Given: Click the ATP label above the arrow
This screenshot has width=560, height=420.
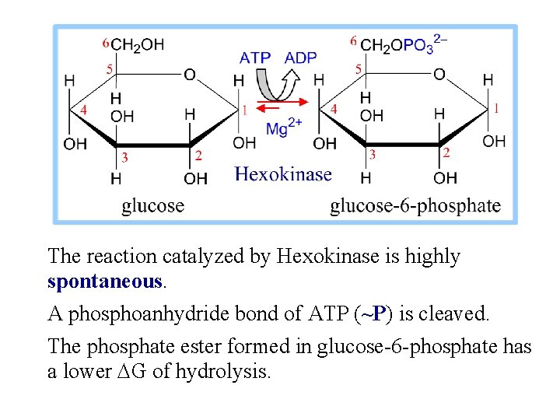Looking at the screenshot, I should click(x=255, y=58).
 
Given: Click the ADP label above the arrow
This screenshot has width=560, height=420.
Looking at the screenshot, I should click(x=300, y=58).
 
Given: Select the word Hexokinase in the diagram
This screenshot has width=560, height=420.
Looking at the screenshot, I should click(x=283, y=174).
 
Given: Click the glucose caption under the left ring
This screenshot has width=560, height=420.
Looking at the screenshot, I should click(x=153, y=205).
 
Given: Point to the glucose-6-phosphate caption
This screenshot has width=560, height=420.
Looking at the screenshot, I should click(x=415, y=205).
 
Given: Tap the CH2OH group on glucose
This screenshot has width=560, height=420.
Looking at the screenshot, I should click(x=138, y=44).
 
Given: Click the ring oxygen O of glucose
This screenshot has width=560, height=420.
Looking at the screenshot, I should click(x=189, y=75).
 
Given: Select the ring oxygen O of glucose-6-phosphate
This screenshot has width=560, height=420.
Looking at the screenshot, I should click(x=439, y=75).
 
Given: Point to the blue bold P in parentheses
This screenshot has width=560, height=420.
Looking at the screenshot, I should click(x=377, y=313).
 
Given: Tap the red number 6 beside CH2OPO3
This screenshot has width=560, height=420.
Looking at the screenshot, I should click(x=354, y=40).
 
